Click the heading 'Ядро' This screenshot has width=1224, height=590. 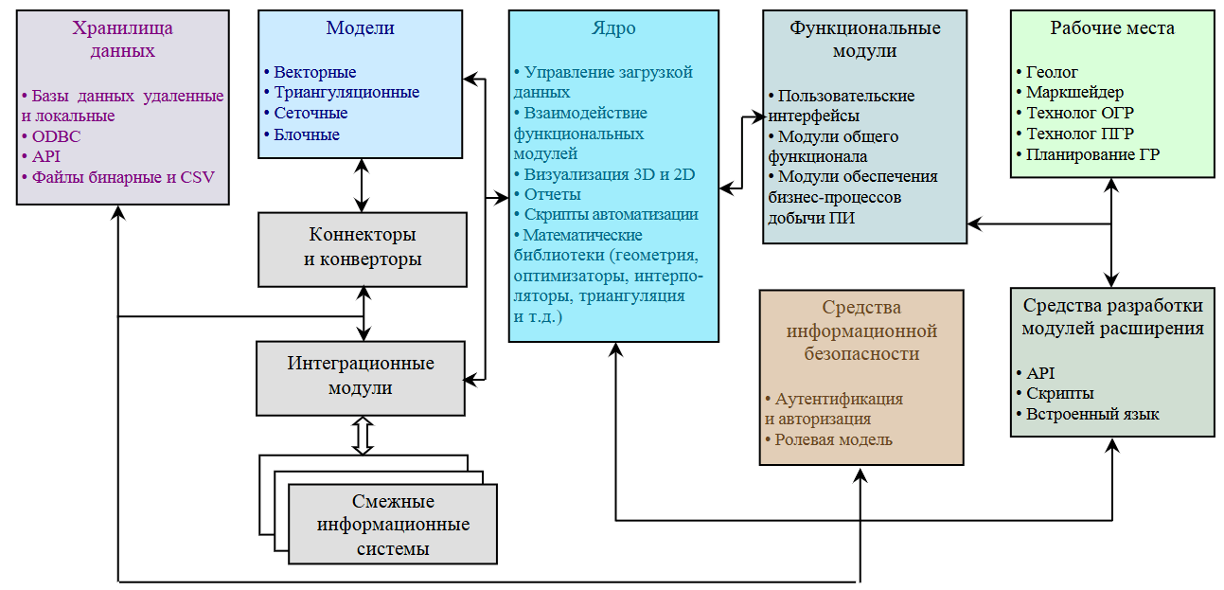click(x=612, y=28)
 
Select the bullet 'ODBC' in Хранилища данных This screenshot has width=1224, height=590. click(x=56, y=136)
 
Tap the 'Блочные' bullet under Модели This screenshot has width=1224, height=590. click(x=306, y=134)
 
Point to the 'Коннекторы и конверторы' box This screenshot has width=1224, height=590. click(x=363, y=248)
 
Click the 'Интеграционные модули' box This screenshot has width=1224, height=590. click(x=361, y=377)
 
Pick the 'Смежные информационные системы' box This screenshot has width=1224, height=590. click(x=393, y=525)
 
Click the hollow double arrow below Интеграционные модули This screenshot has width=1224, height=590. click(x=362, y=436)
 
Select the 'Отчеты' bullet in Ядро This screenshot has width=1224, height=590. click(x=550, y=194)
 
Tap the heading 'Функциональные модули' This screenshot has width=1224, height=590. click(x=864, y=39)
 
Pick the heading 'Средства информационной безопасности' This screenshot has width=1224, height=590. click(x=861, y=331)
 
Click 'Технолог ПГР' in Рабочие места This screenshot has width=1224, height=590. click(x=1080, y=134)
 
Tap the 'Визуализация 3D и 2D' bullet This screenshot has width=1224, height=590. click(x=606, y=174)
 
